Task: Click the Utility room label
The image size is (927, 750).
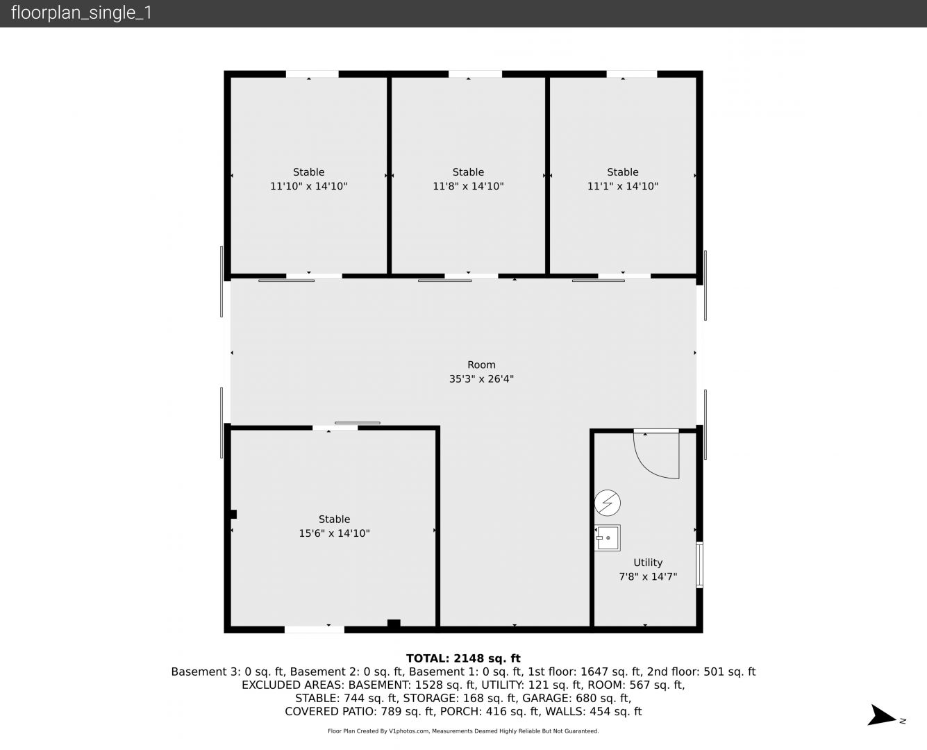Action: point(648,562)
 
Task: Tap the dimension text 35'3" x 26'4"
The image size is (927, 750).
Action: point(481,378)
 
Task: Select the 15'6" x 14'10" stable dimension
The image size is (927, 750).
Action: point(334,533)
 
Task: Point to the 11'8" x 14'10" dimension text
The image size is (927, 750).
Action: point(468,186)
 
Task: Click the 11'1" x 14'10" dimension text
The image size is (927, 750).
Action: point(623,186)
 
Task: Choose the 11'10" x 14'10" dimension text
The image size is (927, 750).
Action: point(308,186)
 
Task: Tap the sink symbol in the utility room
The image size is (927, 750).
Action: point(607,538)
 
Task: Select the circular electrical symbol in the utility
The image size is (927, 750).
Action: point(607,503)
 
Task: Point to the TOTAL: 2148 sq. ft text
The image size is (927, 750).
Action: point(463,658)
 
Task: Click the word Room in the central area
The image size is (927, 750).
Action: point(481,365)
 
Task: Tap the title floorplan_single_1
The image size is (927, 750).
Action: point(81,12)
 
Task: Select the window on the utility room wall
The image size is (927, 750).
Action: point(699,565)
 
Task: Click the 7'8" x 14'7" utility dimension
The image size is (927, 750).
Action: point(648,577)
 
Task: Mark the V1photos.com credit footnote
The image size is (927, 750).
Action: point(463,731)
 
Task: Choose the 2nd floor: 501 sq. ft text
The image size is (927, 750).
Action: point(701,672)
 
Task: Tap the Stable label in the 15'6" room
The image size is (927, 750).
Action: point(334,519)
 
